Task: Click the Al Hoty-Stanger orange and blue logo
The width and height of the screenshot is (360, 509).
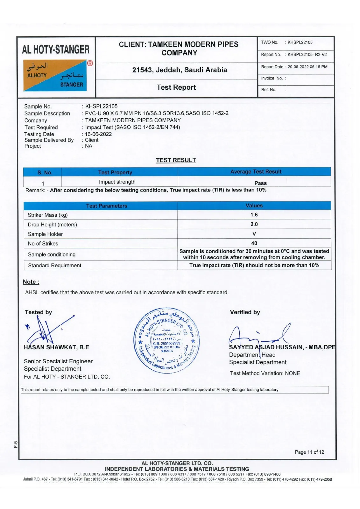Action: point(55,75)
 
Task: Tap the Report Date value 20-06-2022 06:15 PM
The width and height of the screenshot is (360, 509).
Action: point(307,67)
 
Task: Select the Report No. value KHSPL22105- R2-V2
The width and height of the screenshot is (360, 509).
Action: point(307,54)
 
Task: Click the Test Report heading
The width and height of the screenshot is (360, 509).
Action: point(176,87)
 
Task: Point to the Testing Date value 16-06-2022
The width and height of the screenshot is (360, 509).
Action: point(98,134)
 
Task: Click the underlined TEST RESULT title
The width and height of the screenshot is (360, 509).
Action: point(176,160)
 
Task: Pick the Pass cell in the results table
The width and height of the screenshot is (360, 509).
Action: point(260,183)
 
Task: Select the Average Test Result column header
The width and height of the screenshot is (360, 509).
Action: point(256,172)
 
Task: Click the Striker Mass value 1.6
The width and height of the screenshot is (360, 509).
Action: point(254,215)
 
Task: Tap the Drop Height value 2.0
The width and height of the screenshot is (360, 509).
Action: point(254,224)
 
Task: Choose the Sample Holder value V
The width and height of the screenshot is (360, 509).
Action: point(254,234)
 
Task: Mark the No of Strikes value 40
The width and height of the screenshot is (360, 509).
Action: point(254,243)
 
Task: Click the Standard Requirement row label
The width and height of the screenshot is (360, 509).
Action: point(54,265)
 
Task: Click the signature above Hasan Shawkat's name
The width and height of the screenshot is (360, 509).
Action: point(48,329)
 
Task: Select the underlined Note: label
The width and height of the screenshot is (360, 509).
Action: point(31,282)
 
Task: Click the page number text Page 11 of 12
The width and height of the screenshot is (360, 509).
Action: point(309,452)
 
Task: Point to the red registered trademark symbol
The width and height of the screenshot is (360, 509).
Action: point(90,63)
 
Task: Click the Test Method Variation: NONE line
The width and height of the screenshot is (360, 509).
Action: point(265,373)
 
